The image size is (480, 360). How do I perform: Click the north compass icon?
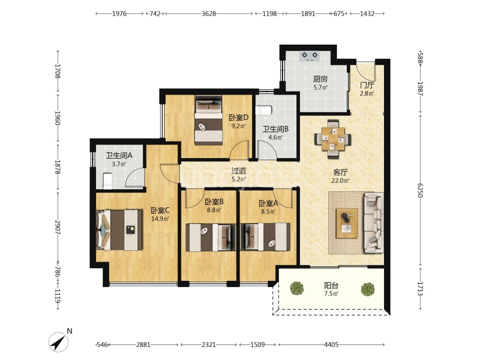coord(59,342)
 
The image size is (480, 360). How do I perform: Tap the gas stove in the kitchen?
coord(309,56)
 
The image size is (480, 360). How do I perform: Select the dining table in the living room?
coord(333,139)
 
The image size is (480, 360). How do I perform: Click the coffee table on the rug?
coord(347,223)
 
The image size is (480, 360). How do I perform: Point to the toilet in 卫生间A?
coord(107,181)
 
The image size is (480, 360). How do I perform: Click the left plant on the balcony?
coord(297,288)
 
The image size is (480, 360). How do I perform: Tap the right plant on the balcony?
coord(367,289)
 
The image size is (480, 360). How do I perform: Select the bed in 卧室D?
coord(208,120)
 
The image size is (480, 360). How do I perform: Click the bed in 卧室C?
coord(120,230)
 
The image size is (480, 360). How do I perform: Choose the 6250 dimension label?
coord(420,191)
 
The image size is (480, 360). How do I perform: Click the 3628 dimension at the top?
coord(209,13)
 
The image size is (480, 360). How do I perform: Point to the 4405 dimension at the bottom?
coord(331,345)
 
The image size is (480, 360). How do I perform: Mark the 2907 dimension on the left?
coord(58,227)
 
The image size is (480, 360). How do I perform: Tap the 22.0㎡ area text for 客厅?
coord(340,180)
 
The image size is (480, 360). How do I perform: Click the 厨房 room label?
coord(320,79)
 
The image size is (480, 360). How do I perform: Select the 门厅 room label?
coord(367,85)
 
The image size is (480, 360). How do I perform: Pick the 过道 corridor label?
coord(239,171)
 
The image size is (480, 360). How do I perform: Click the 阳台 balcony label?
coord(331,286)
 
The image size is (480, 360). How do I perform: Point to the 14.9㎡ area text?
coord(160,219)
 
